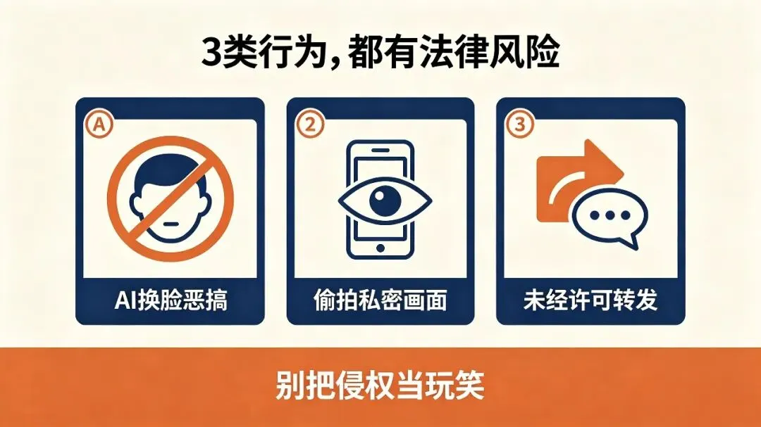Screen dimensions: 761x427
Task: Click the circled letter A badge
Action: [x=99, y=124]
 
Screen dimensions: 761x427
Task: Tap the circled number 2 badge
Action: [x=310, y=124]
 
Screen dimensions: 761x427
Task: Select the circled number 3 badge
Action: [x=520, y=124]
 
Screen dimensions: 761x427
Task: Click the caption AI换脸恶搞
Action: [x=171, y=300]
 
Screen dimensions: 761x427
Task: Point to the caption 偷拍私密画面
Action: [x=380, y=300]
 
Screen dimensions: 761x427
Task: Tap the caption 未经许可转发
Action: [x=590, y=300]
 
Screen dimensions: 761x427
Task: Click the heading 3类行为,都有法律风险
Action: [x=380, y=51]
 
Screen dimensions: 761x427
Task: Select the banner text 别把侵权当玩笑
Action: [x=380, y=385]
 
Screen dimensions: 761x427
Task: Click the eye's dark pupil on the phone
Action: [x=385, y=200]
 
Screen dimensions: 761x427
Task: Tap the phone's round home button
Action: [x=380, y=248]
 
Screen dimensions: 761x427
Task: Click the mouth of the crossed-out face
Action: [x=171, y=224]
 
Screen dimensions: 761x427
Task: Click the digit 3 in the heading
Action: [x=211, y=52]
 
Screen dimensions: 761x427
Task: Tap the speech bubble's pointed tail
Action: [x=631, y=241]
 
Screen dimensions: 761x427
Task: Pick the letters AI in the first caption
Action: [x=123, y=300]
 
